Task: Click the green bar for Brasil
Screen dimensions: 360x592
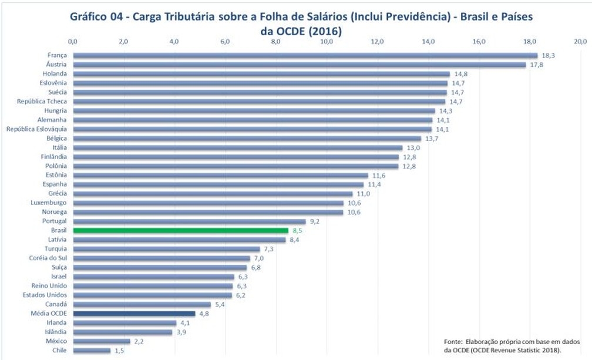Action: point(180,231)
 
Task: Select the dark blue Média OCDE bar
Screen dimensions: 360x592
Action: point(134,314)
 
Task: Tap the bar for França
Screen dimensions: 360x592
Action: point(305,55)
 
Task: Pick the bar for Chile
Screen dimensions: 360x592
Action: point(92,351)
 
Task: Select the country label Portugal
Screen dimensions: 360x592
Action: point(55,221)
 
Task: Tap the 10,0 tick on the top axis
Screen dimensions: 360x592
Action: point(327,41)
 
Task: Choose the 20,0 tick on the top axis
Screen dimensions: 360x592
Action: point(580,41)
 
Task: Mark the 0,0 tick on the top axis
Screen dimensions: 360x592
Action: point(73,41)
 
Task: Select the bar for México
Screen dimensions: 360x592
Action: point(102,341)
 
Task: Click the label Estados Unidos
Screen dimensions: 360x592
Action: point(45,295)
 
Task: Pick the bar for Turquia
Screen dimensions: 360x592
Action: point(166,249)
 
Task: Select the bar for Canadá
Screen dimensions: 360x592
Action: point(142,304)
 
